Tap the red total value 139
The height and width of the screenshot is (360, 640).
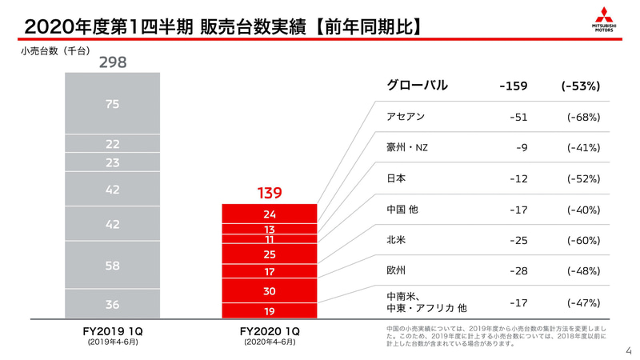click(x=270, y=194)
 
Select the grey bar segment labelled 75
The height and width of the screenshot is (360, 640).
click(x=113, y=103)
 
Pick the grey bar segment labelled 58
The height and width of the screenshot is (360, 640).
click(x=113, y=264)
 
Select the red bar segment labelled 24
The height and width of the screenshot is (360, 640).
click(x=270, y=214)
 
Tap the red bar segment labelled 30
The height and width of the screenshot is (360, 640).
click(x=270, y=290)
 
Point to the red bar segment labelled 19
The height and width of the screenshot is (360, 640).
click(x=270, y=310)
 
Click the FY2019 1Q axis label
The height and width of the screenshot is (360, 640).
click(x=113, y=330)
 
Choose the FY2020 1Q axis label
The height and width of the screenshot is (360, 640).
click(x=270, y=330)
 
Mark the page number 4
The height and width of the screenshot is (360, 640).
click(x=628, y=350)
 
